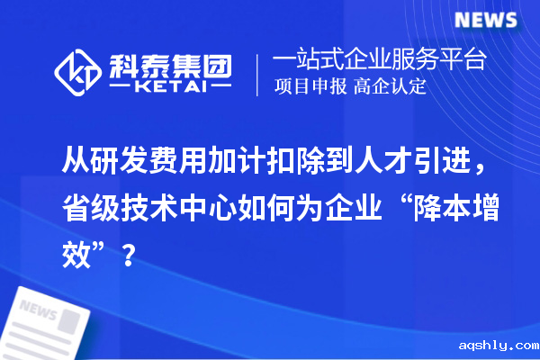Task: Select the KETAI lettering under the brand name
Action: click(x=170, y=87)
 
